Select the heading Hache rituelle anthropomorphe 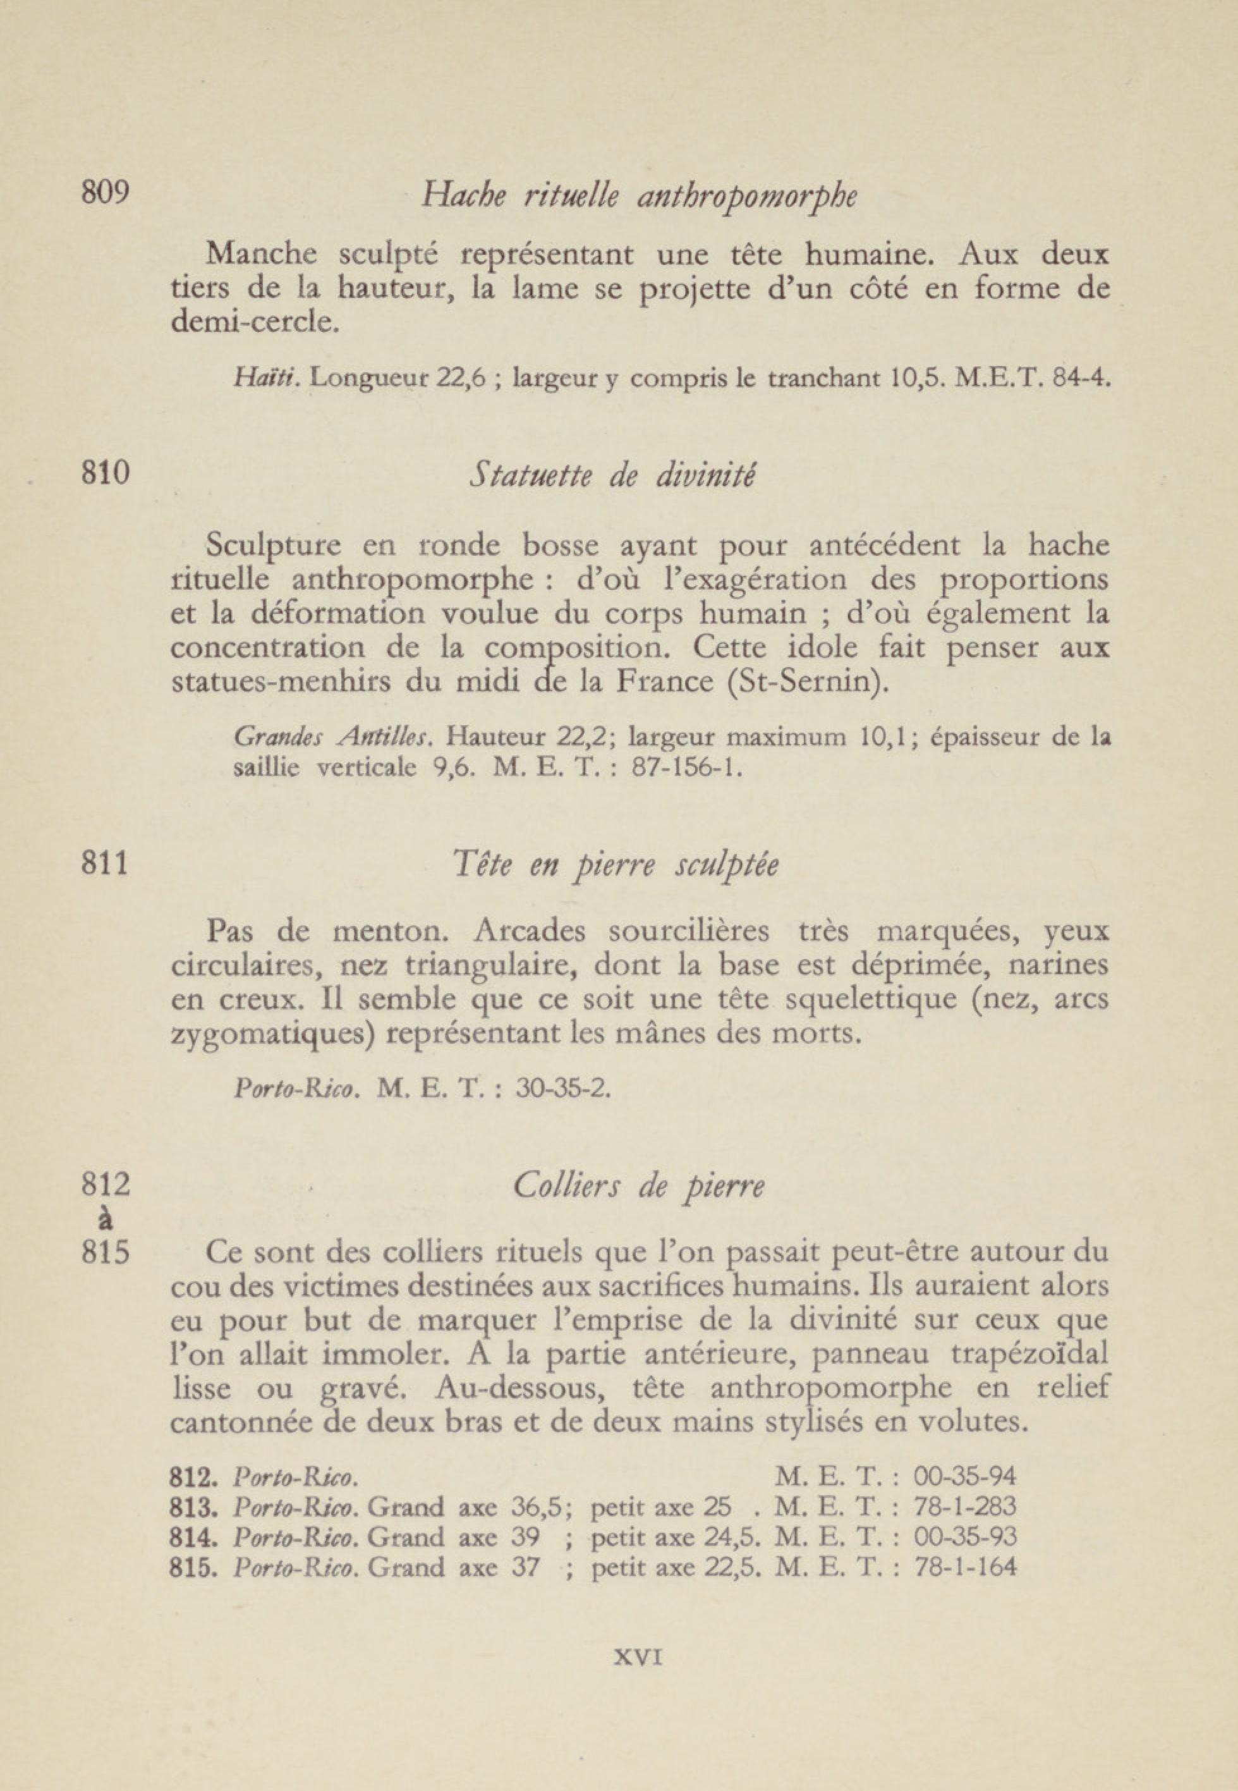(638, 198)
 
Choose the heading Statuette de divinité (612, 475)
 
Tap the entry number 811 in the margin (105, 864)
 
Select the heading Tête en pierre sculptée (615, 866)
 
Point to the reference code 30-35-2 (563, 1089)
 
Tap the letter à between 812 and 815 (106, 1220)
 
